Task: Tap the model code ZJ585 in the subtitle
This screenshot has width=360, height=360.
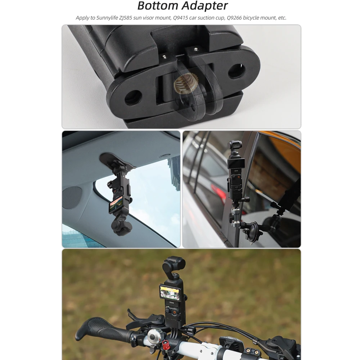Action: (x=126, y=18)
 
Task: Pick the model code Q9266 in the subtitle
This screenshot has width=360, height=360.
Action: (x=234, y=18)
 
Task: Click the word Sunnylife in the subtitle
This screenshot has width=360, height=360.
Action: (x=107, y=18)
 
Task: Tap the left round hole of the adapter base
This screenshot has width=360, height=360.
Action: (x=133, y=98)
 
